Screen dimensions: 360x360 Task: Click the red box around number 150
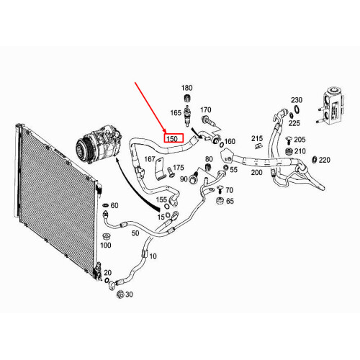pyautogui.click(x=173, y=138)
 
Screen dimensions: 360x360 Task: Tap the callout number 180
pyautogui.click(x=187, y=88)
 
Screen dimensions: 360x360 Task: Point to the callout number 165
pyautogui.click(x=176, y=113)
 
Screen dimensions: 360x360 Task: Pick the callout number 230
pyautogui.click(x=297, y=100)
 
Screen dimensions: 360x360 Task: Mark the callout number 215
pyautogui.click(x=258, y=138)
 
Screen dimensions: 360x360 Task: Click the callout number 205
pyautogui.click(x=300, y=140)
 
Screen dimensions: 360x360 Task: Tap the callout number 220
pyautogui.click(x=325, y=160)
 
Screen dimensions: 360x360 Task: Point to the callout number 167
pyautogui.click(x=150, y=159)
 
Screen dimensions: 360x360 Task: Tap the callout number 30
pyautogui.click(x=129, y=295)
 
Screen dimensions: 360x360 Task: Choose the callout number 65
pyautogui.click(x=230, y=201)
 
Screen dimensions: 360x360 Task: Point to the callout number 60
pyautogui.click(x=114, y=206)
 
